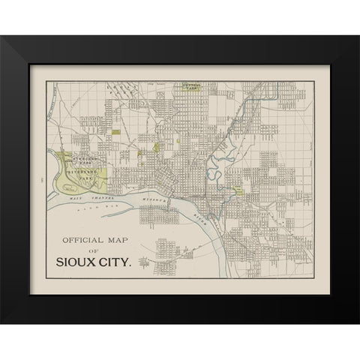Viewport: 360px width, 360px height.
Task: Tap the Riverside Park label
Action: pos(89,170)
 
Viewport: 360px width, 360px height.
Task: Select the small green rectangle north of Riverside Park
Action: pos(117,132)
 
